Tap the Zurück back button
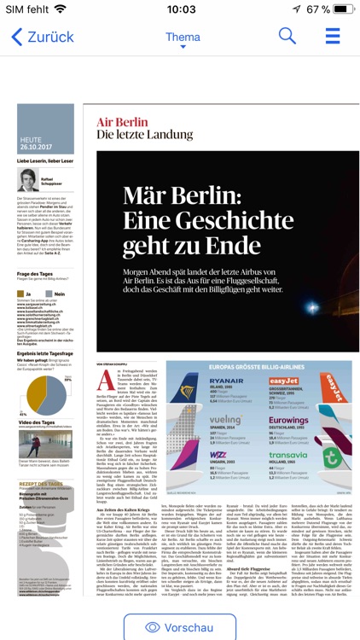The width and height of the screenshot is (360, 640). click(43, 38)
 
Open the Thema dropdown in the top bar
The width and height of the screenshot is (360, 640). click(183, 38)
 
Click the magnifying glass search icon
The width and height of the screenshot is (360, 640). click(287, 37)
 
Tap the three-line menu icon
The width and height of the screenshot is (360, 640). click(333, 37)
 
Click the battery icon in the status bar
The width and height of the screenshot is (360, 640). click(340, 9)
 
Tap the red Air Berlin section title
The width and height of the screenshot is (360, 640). click(122, 122)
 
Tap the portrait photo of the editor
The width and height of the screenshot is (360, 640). click(28, 179)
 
